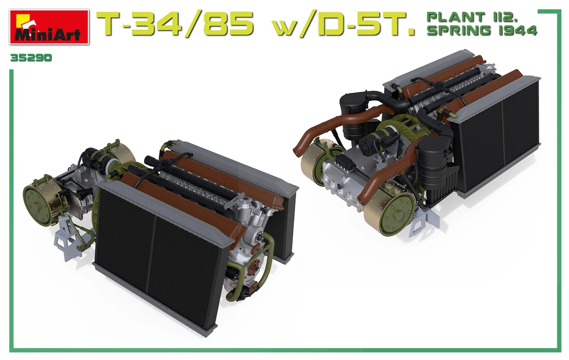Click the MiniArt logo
(49, 28)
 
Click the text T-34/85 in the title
(175, 24)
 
